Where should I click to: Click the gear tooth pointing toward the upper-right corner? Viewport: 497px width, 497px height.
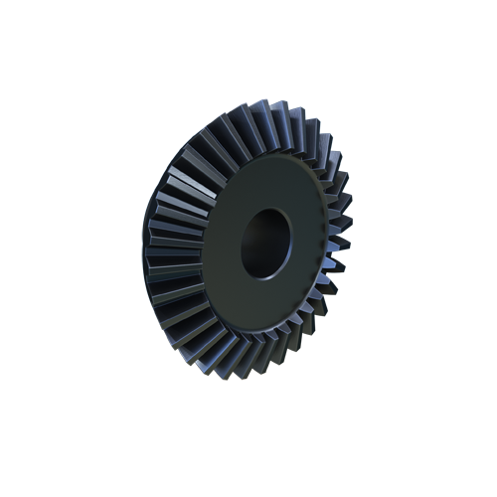[x=323, y=139]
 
